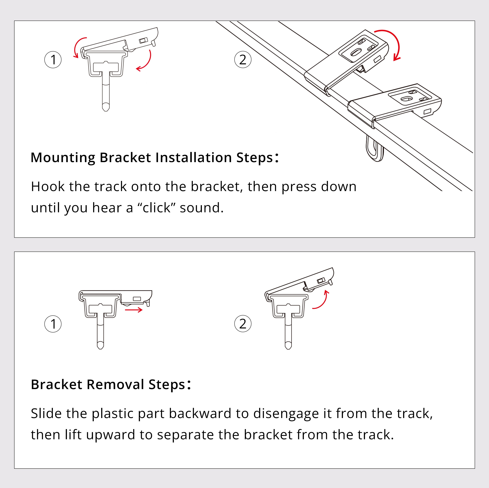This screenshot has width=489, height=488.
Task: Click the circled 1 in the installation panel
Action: [53, 60]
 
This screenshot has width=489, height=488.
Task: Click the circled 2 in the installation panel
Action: [243, 60]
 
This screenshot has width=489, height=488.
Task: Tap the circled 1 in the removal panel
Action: [53, 324]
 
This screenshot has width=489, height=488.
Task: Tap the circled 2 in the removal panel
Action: [243, 324]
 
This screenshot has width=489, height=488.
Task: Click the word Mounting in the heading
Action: [63, 158]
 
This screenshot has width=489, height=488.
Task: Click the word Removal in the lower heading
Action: [115, 384]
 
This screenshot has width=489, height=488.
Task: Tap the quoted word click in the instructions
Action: [156, 208]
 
